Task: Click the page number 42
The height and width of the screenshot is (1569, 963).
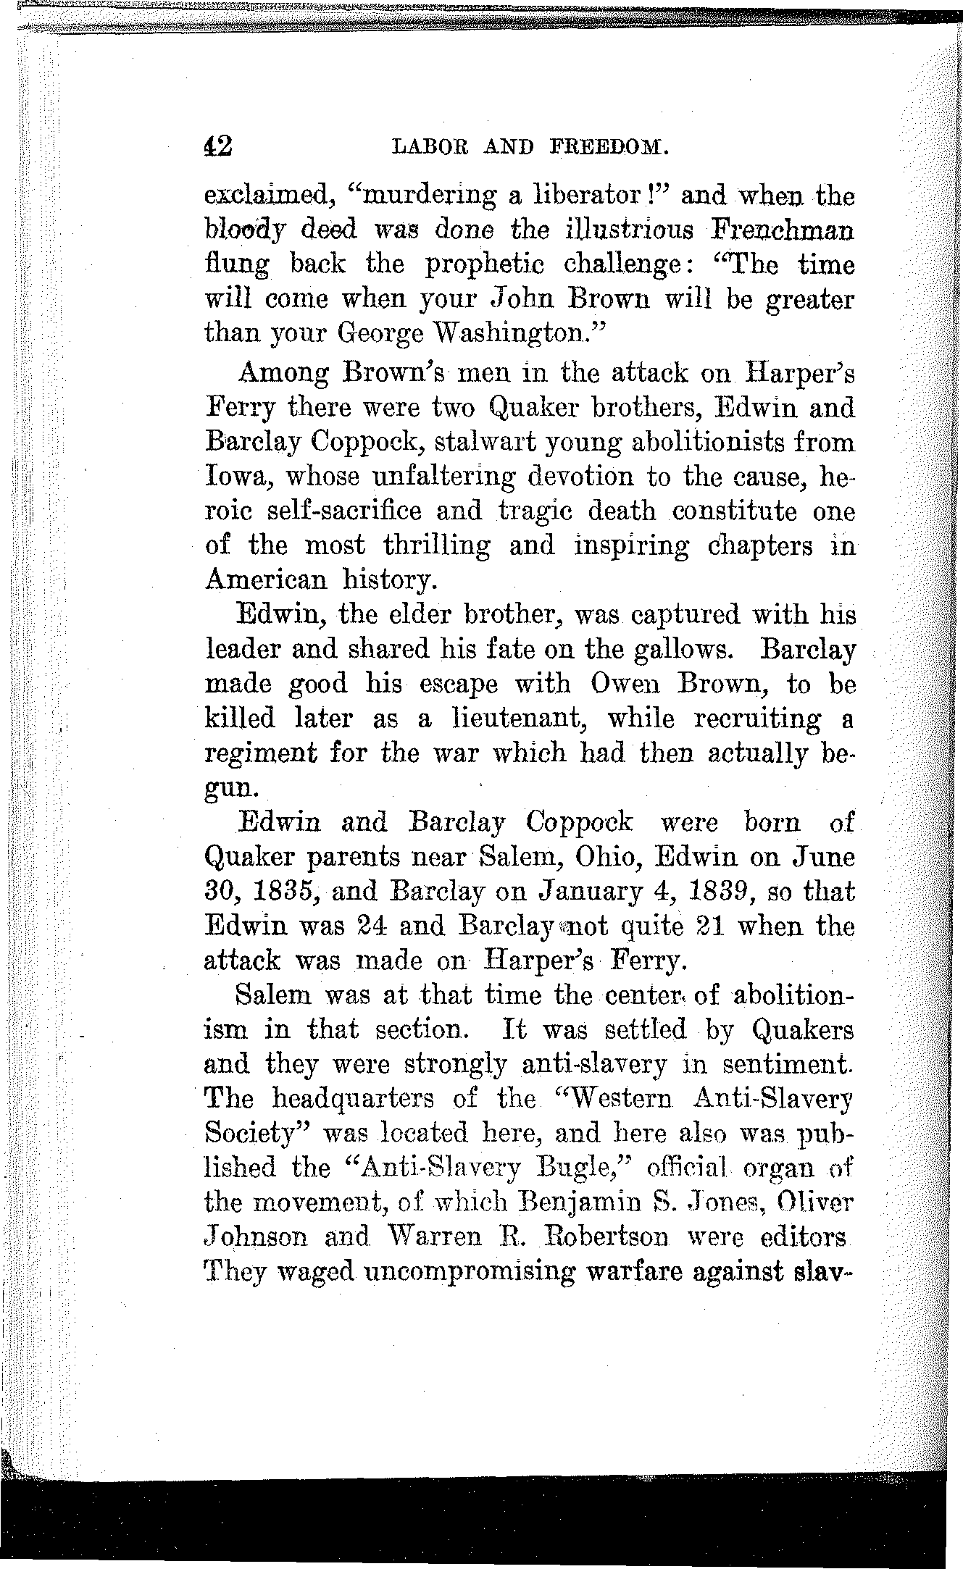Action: pyautogui.click(x=218, y=147)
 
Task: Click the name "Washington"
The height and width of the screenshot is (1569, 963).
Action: pyautogui.click(x=525, y=334)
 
